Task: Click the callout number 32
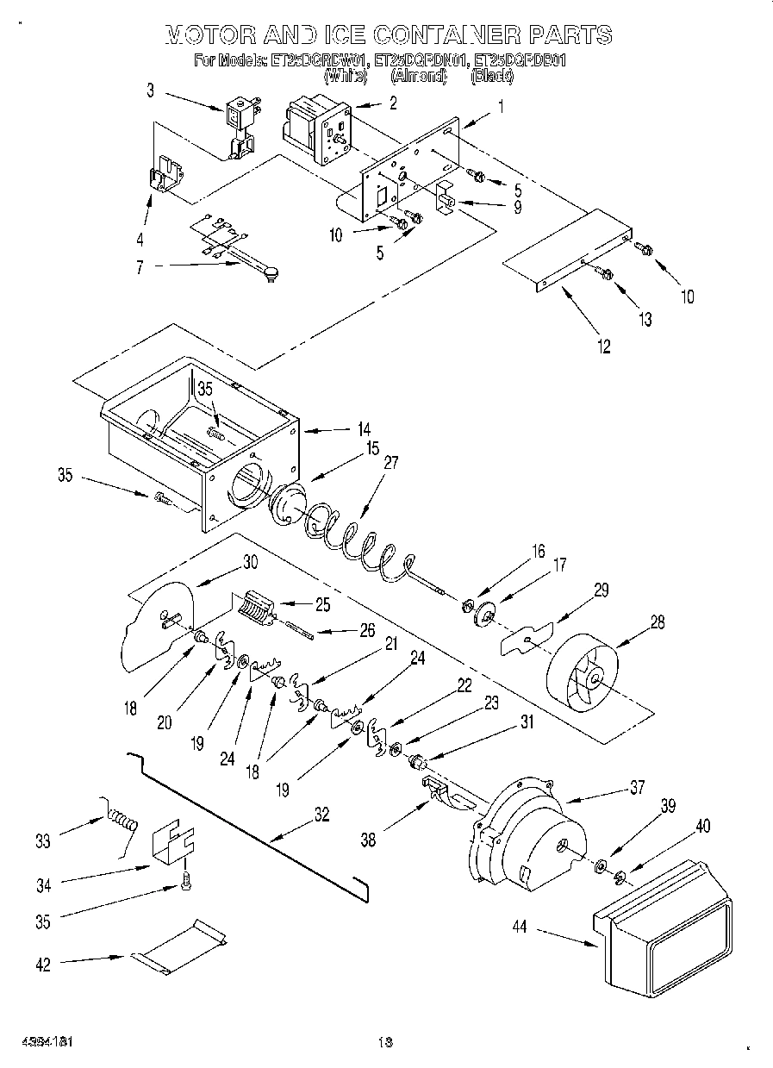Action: pyautogui.click(x=321, y=814)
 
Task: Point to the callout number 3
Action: pyautogui.click(x=150, y=89)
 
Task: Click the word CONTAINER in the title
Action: pyautogui.click(x=439, y=34)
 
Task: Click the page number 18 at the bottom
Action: pyautogui.click(x=384, y=1042)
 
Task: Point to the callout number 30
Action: pyautogui.click(x=250, y=561)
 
